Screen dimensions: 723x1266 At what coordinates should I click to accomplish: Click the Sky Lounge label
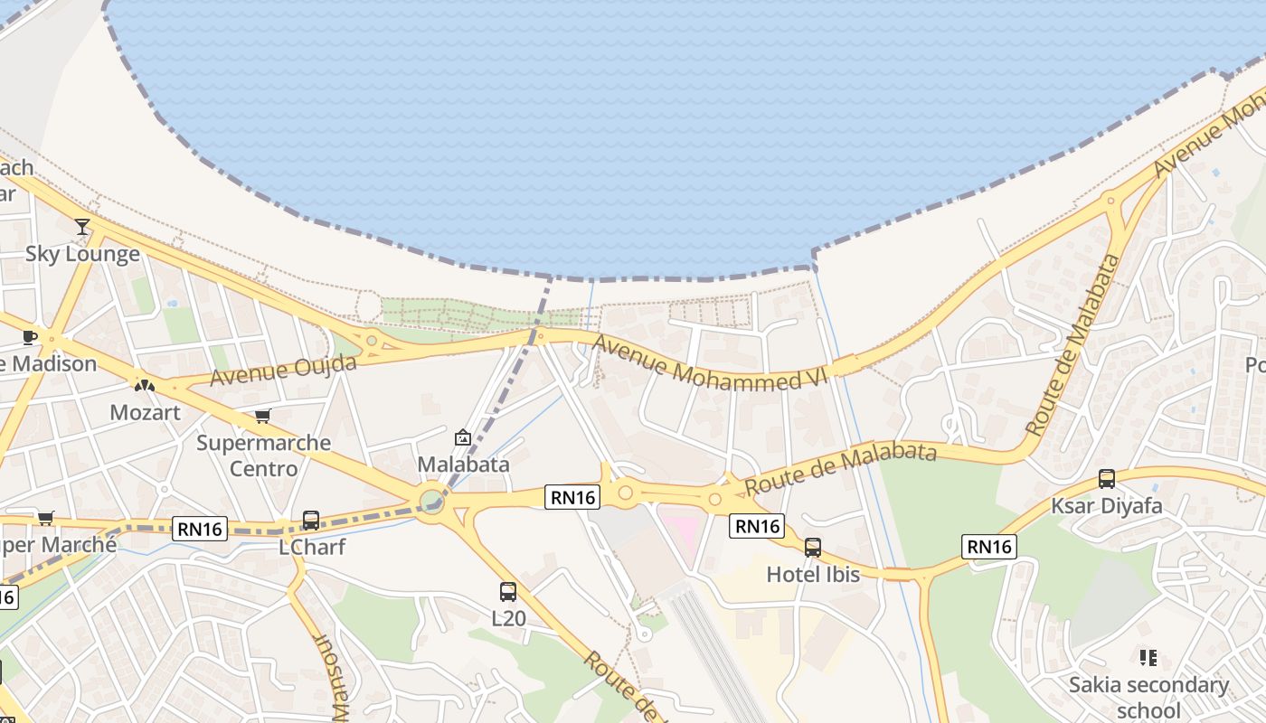click(82, 254)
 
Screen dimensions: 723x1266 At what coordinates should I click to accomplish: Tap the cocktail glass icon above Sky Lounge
click(82, 226)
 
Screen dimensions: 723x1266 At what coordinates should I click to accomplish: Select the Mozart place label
click(145, 413)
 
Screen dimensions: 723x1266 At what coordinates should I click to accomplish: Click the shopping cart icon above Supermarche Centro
click(263, 417)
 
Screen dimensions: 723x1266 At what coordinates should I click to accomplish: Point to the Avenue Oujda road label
click(283, 370)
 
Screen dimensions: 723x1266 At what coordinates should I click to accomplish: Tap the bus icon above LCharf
click(310, 521)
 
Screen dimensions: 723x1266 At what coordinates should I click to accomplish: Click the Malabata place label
click(463, 465)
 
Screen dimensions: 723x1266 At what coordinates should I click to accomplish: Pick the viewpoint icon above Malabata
click(463, 437)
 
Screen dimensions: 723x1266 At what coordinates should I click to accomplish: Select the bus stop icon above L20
click(508, 592)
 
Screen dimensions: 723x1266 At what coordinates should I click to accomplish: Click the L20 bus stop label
click(508, 619)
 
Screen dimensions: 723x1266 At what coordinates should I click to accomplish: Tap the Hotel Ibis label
click(813, 574)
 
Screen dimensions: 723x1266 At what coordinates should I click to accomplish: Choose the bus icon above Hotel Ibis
click(813, 547)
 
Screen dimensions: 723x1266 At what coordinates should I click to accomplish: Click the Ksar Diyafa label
click(1106, 506)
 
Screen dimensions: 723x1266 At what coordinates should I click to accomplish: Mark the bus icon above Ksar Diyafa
click(1106, 479)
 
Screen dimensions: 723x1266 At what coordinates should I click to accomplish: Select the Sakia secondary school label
click(1148, 697)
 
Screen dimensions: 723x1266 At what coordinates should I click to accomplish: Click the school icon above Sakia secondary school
click(1148, 658)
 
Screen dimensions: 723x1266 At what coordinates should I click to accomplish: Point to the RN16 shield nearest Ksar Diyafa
click(989, 546)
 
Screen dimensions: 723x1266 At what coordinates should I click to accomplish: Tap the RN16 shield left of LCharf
click(199, 529)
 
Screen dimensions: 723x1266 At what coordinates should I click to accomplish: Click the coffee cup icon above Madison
click(29, 337)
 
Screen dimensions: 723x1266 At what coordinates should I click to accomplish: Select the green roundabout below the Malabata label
click(432, 500)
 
